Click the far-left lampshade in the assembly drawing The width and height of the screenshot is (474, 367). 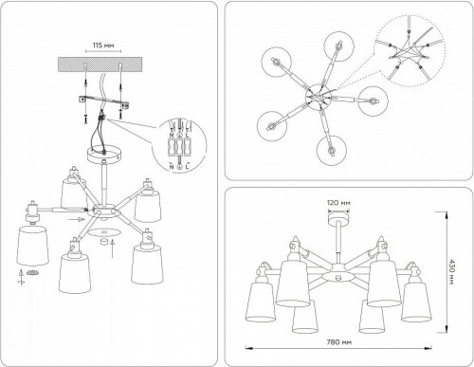(x=32, y=248)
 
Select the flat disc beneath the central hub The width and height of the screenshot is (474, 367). (x=109, y=231)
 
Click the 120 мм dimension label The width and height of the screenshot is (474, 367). (x=336, y=204)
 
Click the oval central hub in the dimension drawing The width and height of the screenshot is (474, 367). (x=337, y=276)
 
